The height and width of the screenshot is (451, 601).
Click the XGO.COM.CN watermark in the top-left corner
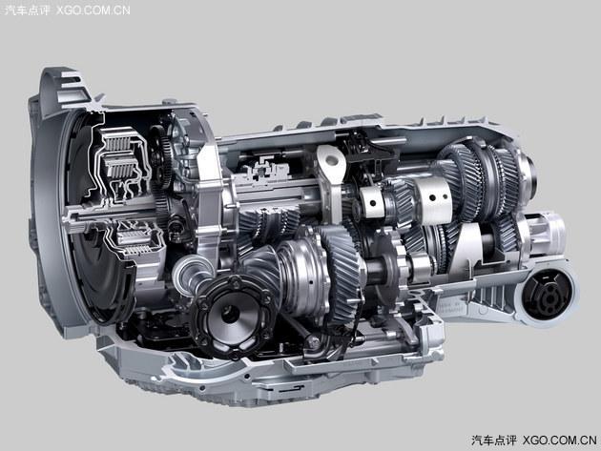click(x=93, y=10)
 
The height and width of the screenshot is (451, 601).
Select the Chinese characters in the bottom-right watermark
click(x=494, y=441)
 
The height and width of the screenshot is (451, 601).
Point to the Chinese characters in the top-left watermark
click(x=27, y=10)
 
